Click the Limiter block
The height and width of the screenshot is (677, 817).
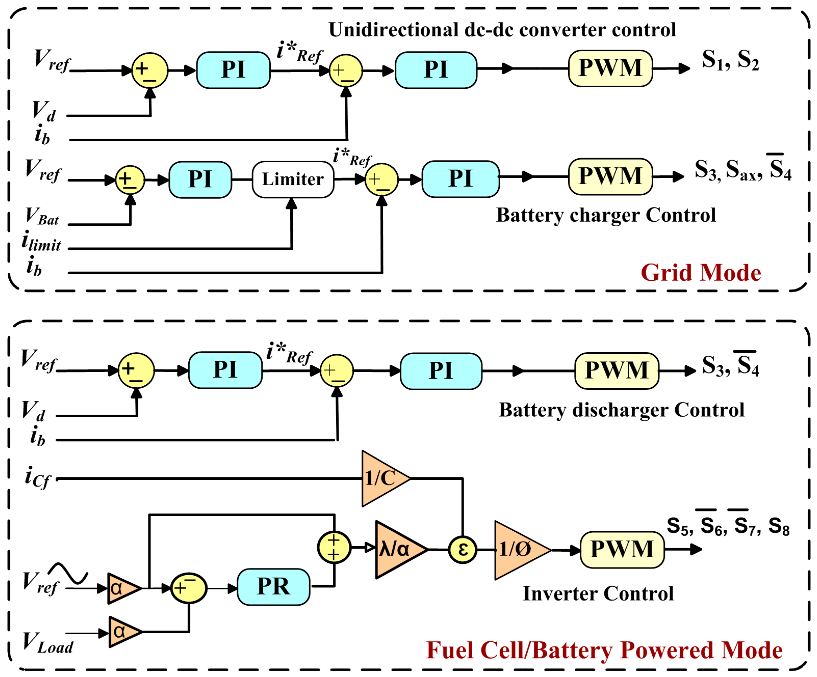tap(293, 179)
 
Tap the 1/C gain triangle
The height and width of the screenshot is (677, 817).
tap(381, 478)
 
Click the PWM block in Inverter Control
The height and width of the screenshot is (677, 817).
tap(622, 549)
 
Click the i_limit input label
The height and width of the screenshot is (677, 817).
tap(41, 242)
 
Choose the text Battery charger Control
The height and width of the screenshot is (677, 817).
tap(606, 215)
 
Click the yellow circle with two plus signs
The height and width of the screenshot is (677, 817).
tap(334, 547)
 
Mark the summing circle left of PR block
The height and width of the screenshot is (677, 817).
tap(189, 588)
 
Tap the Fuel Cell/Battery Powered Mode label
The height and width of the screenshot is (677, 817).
tap(604, 650)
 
